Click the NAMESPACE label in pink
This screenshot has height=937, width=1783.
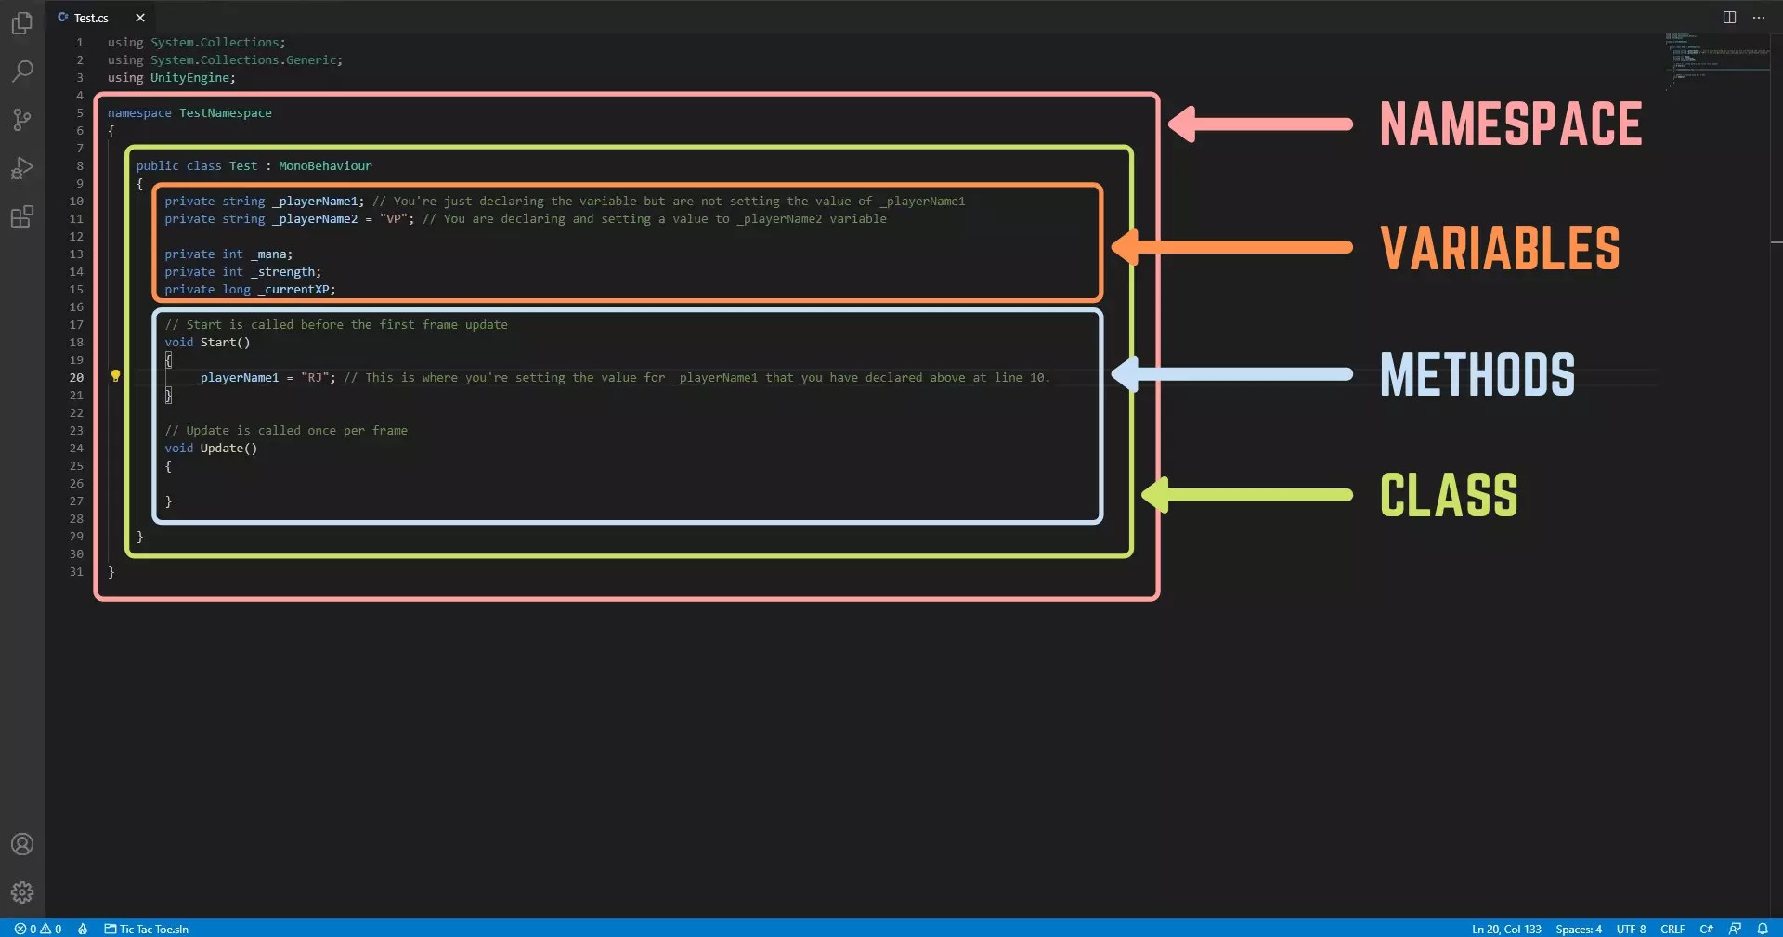click(1510, 124)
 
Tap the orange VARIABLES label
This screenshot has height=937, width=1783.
click(1499, 248)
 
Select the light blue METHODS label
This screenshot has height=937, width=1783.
click(1477, 373)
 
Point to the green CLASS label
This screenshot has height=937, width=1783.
click(1448, 495)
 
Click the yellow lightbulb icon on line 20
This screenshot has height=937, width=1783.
click(116, 376)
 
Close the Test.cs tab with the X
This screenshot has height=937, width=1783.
click(140, 18)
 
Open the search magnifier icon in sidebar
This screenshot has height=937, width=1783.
click(22, 71)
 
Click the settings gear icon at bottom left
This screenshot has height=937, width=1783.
click(22, 892)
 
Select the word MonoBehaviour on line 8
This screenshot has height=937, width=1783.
click(325, 166)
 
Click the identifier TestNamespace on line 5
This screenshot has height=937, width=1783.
click(225, 113)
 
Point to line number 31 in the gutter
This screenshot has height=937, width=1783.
click(76, 572)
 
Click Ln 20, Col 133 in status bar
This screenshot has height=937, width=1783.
click(1505, 929)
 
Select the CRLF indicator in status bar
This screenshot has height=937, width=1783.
click(1672, 929)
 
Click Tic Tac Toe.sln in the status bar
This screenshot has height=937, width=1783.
click(152, 929)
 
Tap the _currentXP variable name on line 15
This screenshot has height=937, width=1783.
click(295, 290)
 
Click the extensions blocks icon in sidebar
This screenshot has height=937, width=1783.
click(22, 217)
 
